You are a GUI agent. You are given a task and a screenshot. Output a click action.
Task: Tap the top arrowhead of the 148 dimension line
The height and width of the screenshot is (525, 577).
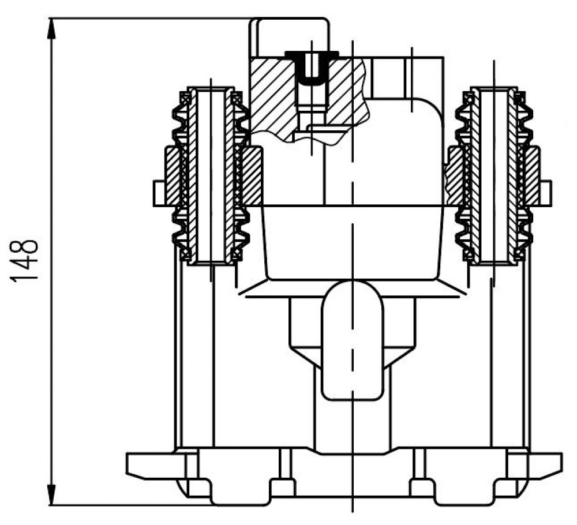[x=52, y=28]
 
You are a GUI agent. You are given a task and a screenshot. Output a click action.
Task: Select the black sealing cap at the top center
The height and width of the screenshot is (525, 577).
[x=312, y=66]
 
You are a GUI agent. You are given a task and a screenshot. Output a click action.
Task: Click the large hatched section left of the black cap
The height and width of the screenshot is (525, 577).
[x=272, y=96]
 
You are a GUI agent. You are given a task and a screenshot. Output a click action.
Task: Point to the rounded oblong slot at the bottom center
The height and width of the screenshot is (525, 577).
[x=353, y=340]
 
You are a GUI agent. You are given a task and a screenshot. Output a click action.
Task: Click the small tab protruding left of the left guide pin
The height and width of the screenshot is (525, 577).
[x=159, y=193]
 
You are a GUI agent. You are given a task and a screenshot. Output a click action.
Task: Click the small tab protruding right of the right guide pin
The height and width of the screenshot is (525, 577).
[x=545, y=193]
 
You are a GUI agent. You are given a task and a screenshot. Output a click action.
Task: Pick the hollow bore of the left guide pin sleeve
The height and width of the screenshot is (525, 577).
[x=211, y=176]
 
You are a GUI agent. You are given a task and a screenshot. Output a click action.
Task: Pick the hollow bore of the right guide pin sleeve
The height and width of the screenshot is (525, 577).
[x=494, y=176]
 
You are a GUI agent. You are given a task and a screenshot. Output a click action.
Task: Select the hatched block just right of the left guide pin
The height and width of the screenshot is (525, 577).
[x=252, y=176]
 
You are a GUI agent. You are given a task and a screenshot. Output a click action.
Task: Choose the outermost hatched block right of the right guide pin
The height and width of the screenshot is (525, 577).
[x=533, y=176]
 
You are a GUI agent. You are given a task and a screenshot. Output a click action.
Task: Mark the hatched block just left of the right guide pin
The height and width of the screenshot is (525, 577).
[x=455, y=176]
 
